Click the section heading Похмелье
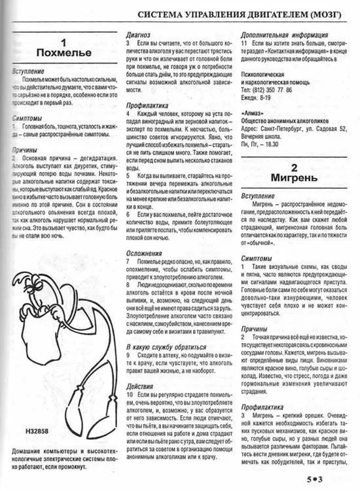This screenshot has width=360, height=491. pyautogui.click(x=63, y=52)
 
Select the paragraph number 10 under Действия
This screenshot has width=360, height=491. pyautogui.click(x=131, y=397)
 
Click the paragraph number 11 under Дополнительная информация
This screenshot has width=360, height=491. pyautogui.click(x=245, y=43)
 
